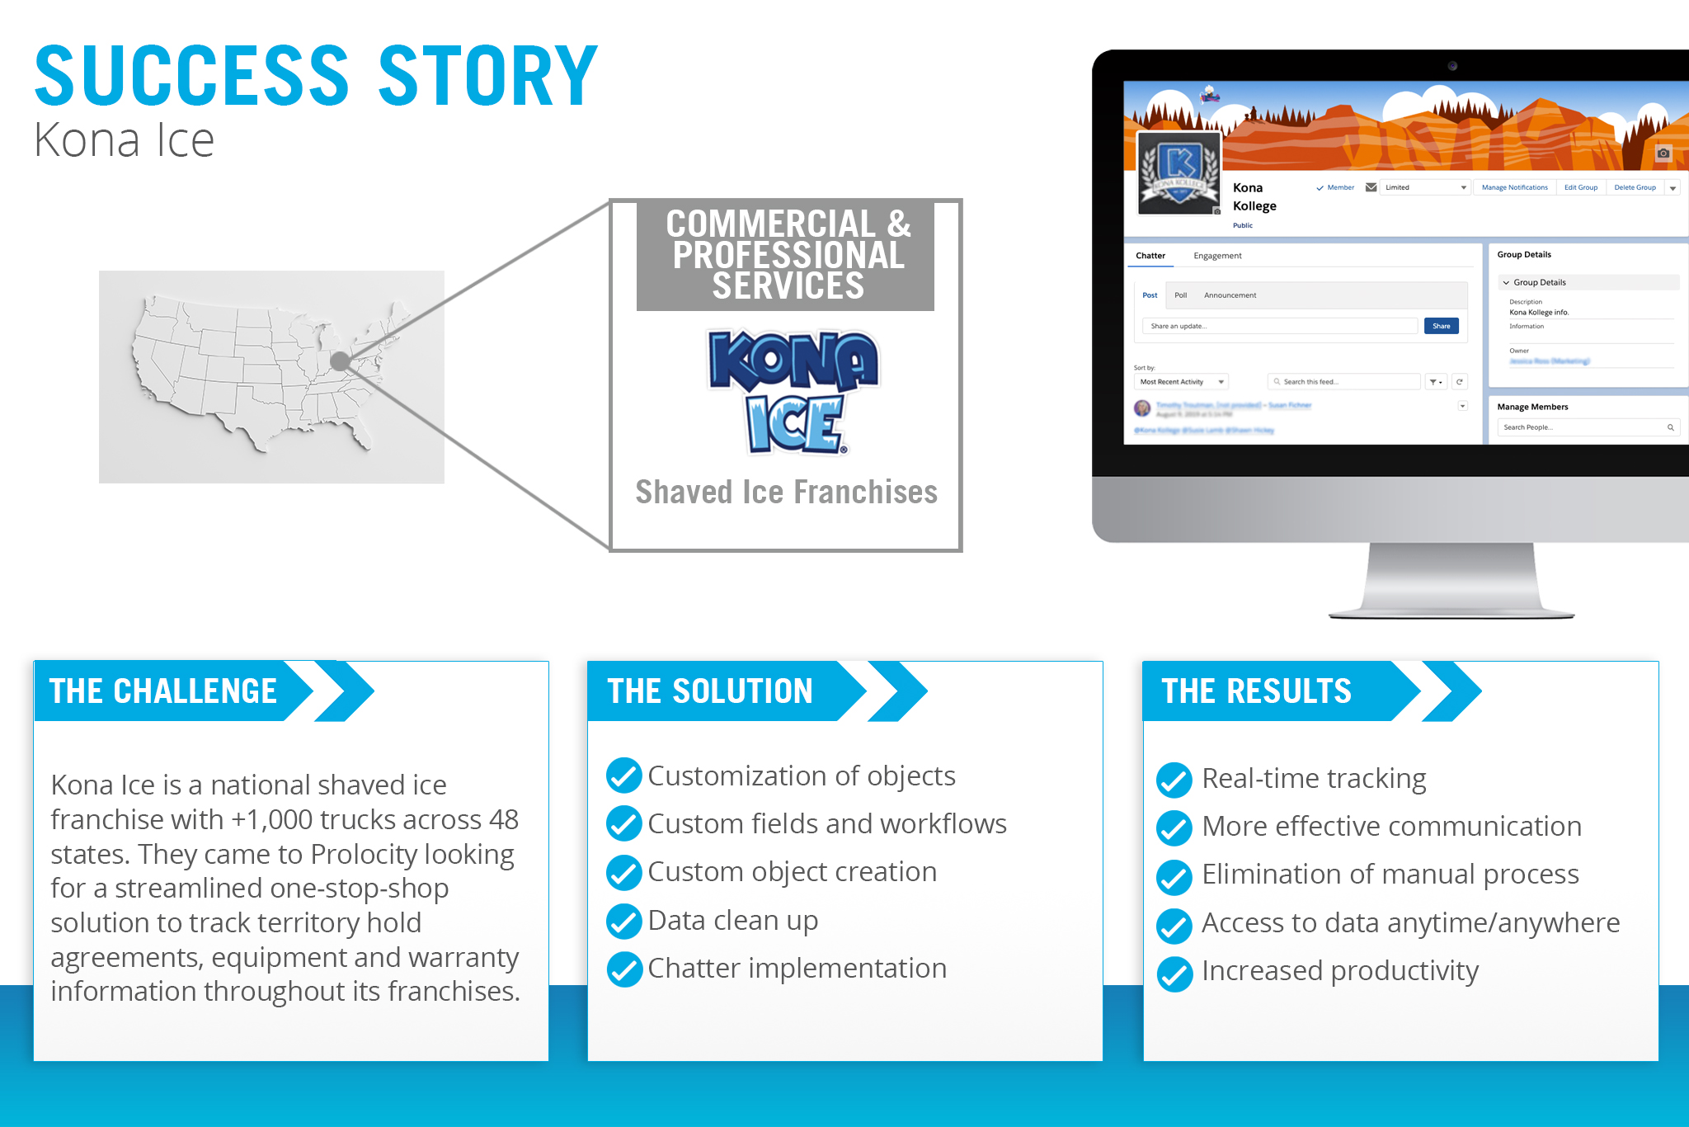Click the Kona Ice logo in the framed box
click(x=793, y=392)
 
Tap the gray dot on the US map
click(x=340, y=361)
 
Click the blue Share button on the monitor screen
click(x=1441, y=326)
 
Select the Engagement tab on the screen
click(x=1217, y=256)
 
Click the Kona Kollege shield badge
click(x=1179, y=172)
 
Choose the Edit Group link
click(x=1580, y=187)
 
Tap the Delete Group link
click(x=1635, y=187)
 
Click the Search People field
click(x=1583, y=427)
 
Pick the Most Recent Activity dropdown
click(x=1180, y=382)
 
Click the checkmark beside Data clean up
click(x=624, y=921)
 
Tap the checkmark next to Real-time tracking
click(x=1174, y=780)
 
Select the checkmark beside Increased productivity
click(x=1174, y=974)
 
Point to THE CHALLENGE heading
click(x=163, y=691)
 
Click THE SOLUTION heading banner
click(x=710, y=691)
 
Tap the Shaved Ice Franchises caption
click(x=786, y=492)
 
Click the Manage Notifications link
click(x=1514, y=187)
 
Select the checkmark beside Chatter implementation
click(x=624, y=969)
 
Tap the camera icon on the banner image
click(x=1663, y=153)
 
